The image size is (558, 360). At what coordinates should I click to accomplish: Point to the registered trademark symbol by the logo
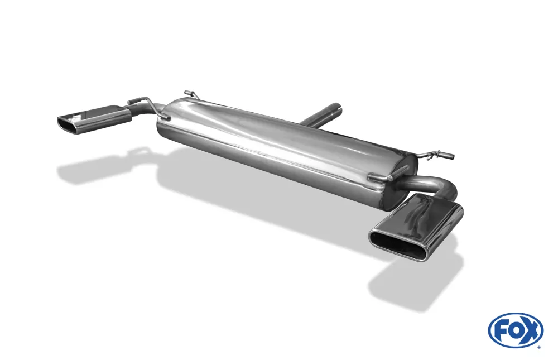(x=539, y=347)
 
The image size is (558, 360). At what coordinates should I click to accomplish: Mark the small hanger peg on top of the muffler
(x=190, y=93)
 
